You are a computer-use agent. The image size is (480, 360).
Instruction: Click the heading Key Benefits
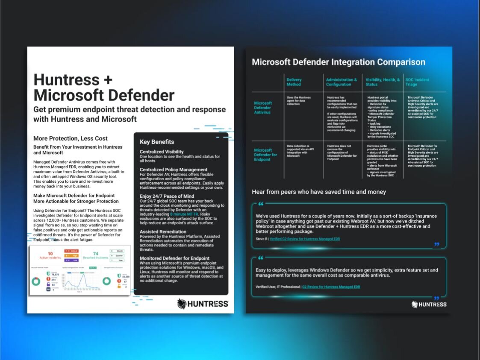pos(157,142)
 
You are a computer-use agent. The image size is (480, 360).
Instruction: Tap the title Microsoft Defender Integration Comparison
pos(339,62)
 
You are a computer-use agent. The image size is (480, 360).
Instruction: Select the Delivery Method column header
pos(294,82)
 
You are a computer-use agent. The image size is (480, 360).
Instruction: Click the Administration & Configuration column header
pos(341,82)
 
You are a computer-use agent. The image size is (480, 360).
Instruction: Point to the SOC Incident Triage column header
pos(417,82)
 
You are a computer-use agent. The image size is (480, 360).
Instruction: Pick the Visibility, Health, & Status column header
pos(383,82)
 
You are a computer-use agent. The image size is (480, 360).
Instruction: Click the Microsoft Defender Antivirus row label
pos(263,108)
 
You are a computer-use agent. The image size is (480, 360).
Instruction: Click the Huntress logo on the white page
pos(203,304)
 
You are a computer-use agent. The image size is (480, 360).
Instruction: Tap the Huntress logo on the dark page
pos(429,304)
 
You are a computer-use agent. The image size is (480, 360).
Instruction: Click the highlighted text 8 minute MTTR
pos(184,214)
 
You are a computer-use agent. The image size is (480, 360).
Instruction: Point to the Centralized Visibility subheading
pos(162,152)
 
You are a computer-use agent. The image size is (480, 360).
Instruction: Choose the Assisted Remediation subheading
pos(163,232)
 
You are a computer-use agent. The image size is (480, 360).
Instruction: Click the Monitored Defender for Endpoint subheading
pos(174,258)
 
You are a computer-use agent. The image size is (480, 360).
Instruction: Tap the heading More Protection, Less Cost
pos(71,138)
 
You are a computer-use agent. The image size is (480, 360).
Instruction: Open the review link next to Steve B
pos(305,239)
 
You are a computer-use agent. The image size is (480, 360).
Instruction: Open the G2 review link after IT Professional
pos(331,287)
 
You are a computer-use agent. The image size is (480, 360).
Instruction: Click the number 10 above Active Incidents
pos(50,254)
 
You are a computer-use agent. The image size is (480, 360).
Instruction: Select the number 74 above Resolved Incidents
pos(95,254)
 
